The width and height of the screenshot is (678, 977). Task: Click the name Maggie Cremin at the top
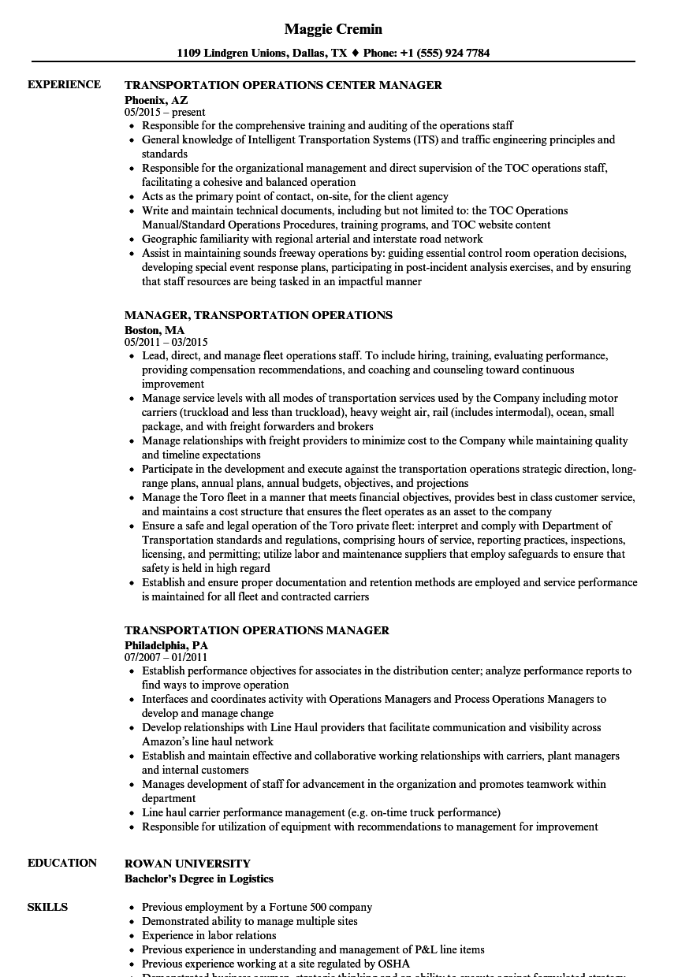333,29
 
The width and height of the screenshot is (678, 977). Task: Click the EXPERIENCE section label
64,84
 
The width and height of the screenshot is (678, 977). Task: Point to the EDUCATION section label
62,863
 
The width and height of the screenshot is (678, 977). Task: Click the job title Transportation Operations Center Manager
283,85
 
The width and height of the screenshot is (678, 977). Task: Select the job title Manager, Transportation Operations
258,315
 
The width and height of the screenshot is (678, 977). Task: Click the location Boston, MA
155,330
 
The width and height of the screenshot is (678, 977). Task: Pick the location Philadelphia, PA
166,645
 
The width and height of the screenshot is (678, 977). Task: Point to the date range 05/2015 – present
165,113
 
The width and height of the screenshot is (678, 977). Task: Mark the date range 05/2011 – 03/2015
166,343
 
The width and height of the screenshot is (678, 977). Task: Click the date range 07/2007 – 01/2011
166,658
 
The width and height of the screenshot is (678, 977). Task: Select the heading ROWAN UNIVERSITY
188,864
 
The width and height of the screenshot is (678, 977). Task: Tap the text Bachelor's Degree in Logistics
199,879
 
